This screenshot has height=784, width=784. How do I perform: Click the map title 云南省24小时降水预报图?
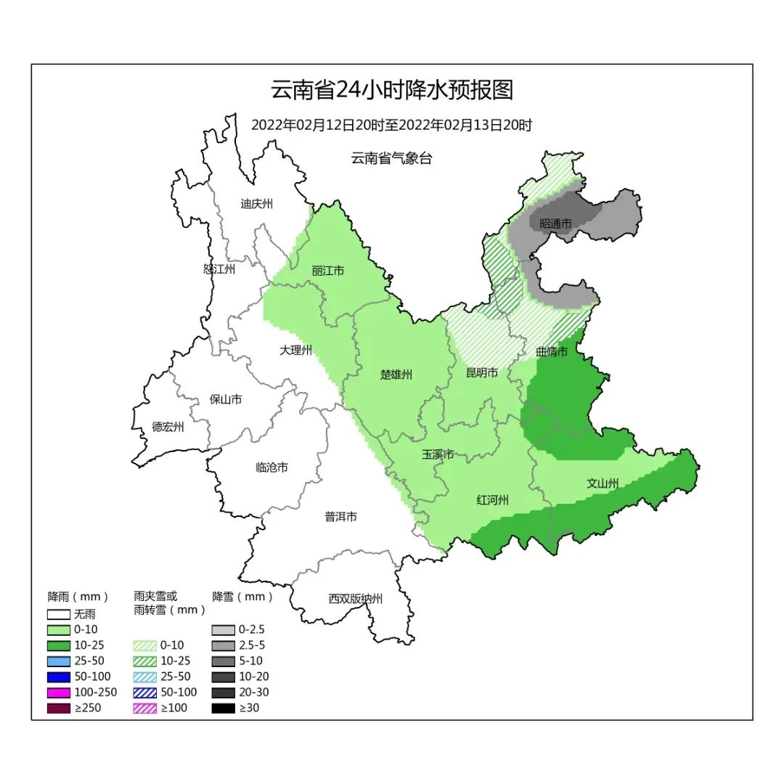coord(392,90)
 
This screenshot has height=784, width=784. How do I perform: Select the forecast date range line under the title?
coord(392,125)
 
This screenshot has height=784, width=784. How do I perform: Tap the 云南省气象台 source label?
coord(391,158)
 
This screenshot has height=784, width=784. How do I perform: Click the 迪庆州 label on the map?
coord(256,204)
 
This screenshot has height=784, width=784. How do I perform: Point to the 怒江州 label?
coord(219,269)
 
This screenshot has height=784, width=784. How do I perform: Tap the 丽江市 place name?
coord(328,271)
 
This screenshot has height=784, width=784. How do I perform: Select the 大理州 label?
coord(295,350)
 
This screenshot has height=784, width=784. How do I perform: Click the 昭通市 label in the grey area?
coord(556,224)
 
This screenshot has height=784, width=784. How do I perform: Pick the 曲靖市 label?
coord(552,351)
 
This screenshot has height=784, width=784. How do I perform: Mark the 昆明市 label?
coord(482,372)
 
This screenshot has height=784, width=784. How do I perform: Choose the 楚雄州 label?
coord(396,375)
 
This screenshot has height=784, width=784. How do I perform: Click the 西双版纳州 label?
coord(355,599)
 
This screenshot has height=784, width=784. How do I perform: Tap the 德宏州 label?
coord(168,427)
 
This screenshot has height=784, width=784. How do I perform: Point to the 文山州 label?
coord(603,483)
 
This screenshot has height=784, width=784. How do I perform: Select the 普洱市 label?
coord(340,517)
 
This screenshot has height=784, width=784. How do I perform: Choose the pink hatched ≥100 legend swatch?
coord(145,708)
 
